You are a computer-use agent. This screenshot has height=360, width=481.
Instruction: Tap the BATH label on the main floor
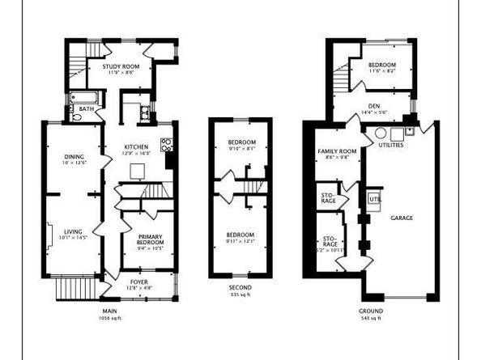click(x=86, y=108)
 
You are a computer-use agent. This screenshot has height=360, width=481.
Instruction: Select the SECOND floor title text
click(x=240, y=288)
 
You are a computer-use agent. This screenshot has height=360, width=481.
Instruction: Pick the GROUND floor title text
click(x=371, y=311)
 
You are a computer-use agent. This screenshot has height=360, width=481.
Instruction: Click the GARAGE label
click(x=402, y=218)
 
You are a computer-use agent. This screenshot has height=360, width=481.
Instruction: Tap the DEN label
click(x=373, y=105)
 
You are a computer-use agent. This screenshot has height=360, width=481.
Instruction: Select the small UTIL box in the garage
click(x=374, y=199)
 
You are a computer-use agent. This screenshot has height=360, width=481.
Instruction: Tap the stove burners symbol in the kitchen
click(x=166, y=146)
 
